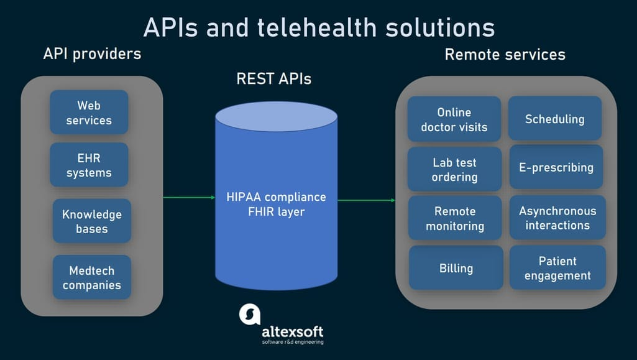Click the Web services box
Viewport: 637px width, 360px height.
[x=89, y=113]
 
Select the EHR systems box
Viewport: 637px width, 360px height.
[x=89, y=165]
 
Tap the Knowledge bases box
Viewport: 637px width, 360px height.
[x=92, y=221]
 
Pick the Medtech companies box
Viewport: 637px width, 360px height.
[x=92, y=277]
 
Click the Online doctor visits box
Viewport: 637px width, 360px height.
[x=454, y=119]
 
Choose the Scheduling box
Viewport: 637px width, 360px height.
[x=555, y=119]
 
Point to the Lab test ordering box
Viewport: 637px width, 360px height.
[x=454, y=169]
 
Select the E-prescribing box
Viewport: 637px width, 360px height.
[x=556, y=167]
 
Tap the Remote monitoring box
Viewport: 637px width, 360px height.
[x=455, y=218]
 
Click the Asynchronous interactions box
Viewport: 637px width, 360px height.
[x=557, y=218]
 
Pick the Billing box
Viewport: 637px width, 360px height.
[x=456, y=268]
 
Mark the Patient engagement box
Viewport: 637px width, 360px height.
[x=557, y=268]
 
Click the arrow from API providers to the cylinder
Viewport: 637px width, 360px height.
[x=189, y=197]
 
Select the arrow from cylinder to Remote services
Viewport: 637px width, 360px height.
[x=367, y=200]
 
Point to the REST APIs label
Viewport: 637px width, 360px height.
[x=274, y=79]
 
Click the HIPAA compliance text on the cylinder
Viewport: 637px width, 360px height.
[x=276, y=197]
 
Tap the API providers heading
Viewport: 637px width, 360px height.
[x=92, y=53]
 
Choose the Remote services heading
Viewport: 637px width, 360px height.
[x=505, y=55]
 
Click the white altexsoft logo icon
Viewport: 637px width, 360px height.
[x=250, y=314]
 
